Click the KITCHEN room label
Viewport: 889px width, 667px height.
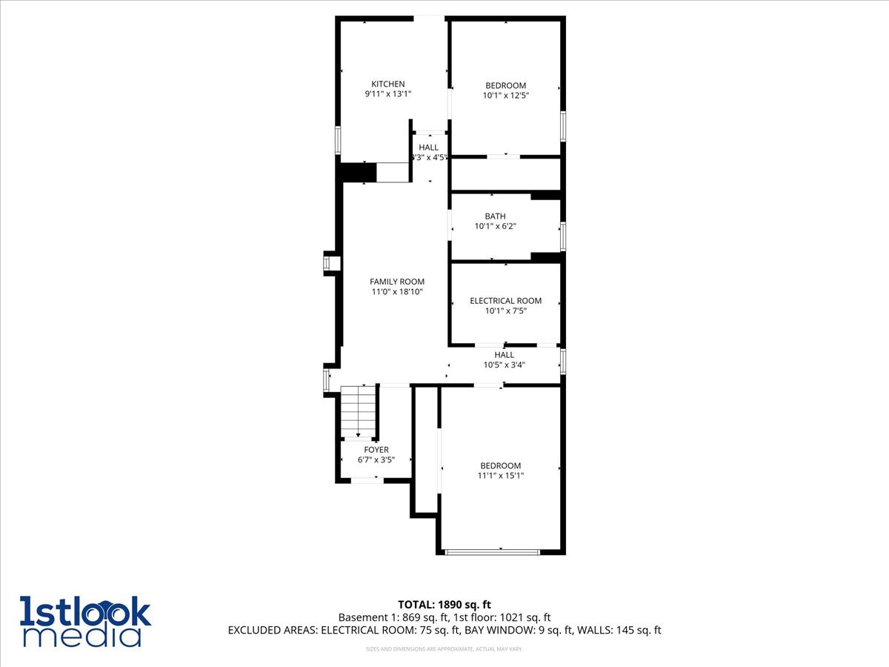coord(387,84)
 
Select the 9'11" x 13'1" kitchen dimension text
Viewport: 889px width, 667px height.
coord(387,94)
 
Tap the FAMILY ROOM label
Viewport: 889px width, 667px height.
coord(397,282)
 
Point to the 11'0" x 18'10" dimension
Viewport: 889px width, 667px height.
coord(397,292)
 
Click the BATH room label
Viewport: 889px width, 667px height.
coord(495,216)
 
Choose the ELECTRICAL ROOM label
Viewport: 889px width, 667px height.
coord(505,301)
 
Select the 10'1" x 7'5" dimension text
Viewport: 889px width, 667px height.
coord(505,311)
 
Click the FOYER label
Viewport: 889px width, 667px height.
coord(376,450)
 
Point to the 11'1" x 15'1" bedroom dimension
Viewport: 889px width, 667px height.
coord(501,476)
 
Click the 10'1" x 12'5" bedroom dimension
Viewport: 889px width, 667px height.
coord(505,96)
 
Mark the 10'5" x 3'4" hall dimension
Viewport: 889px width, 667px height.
coord(504,365)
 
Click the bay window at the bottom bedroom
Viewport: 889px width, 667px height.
coord(493,551)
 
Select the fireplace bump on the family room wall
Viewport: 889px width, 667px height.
coord(332,264)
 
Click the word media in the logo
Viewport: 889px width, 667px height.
coord(81,635)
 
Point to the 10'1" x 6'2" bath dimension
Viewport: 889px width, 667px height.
coord(495,227)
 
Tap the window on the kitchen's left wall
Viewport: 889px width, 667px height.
coord(339,139)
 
